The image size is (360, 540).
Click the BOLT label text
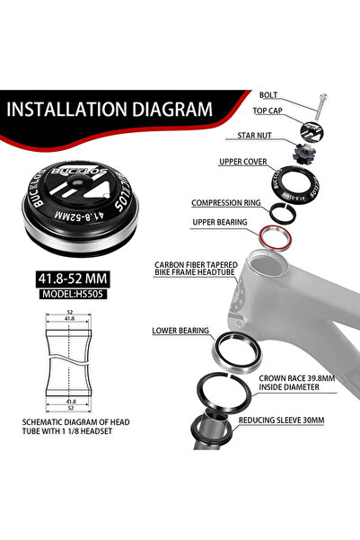point(268,95)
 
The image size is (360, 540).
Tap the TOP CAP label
point(268,111)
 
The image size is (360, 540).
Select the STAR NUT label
point(254,136)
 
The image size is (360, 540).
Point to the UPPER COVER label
point(243,162)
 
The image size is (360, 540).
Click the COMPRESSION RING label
point(225,203)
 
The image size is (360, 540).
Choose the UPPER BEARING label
point(220,223)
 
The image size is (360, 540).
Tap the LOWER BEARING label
point(180,331)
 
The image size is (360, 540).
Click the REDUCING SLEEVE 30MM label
point(281,420)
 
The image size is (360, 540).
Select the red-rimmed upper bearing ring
point(276,237)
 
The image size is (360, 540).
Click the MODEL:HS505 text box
point(73,294)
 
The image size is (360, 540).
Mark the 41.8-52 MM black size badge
point(73,279)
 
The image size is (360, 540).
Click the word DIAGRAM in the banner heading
point(172,110)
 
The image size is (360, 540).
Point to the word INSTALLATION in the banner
point(66,110)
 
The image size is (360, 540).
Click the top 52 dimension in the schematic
point(69,312)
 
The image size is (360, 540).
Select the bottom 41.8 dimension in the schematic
point(71,402)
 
